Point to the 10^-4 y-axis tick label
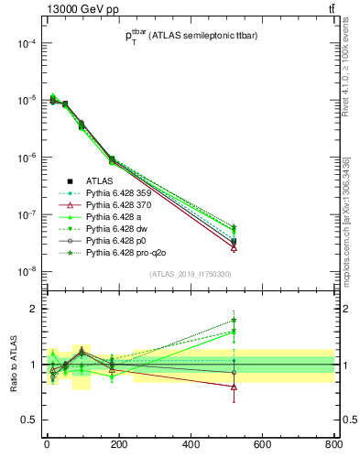26,44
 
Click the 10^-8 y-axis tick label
26,271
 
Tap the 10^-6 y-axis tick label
26,158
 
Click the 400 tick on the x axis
191,446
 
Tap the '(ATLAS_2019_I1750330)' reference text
190,274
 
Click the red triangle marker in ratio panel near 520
235,387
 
